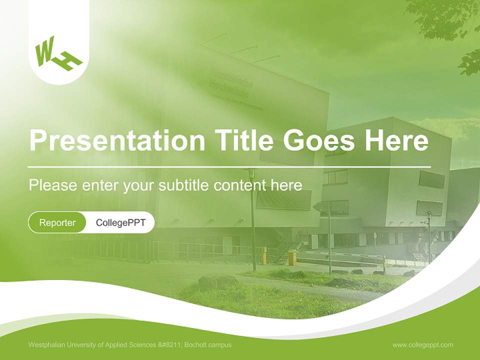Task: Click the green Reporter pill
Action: tap(57, 222)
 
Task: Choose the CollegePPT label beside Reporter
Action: tap(120, 222)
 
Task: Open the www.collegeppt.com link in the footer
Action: tap(422, 344)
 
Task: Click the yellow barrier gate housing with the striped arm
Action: tap(291, 258)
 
